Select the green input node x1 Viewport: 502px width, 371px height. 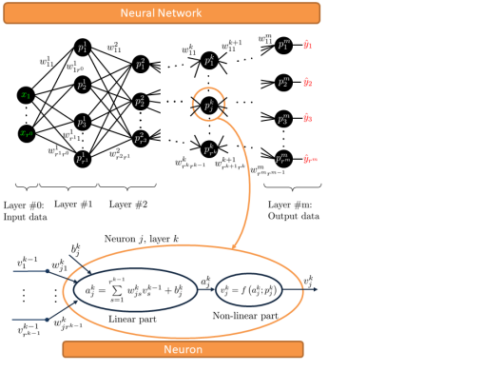pos(27,95)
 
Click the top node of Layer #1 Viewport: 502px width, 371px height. pos(84,48)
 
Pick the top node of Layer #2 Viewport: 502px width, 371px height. pos(141,64)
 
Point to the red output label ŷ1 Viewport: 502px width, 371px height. pos(309,45)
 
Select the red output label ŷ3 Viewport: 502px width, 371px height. pos(309,119)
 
